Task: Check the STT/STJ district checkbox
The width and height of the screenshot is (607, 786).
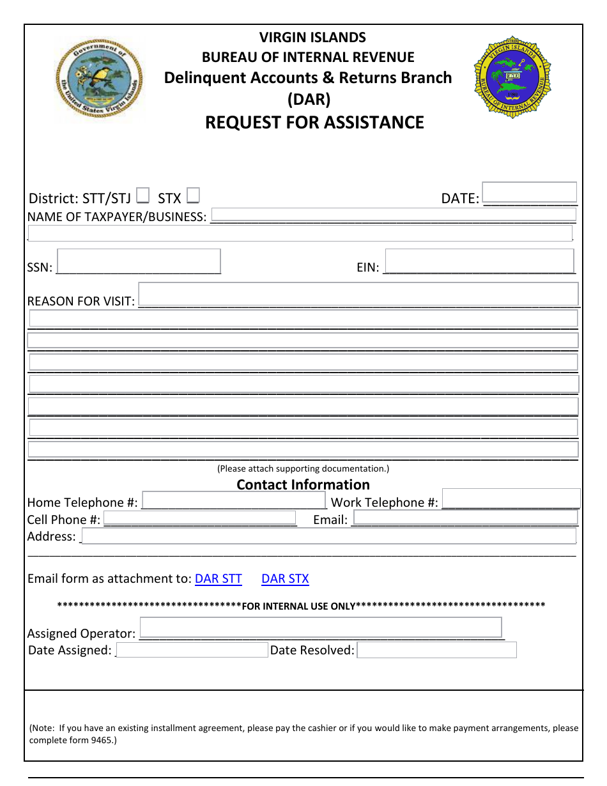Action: coord(144,195)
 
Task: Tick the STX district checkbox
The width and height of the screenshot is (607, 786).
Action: coord(193,195)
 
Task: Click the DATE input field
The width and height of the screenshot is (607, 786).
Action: coord(529,193)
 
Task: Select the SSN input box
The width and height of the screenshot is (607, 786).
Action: coord(139,261)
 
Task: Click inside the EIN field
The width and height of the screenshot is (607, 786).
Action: coord(479,261)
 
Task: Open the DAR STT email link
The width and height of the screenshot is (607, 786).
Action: coord(218,579)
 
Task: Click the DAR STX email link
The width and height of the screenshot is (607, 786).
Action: coord(285,579)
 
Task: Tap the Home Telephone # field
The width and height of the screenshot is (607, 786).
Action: coord(234,500)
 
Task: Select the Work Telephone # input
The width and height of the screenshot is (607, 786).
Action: coord(511,499)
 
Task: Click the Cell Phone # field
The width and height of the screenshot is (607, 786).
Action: coord(199,518)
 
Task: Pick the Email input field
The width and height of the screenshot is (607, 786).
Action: coord(465,518)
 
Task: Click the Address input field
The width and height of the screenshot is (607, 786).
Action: coord(328,536)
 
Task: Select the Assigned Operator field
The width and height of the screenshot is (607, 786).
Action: coord(320,628)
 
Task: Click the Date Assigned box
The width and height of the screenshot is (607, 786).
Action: coord(192,651)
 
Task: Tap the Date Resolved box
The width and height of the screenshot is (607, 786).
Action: coord(436,651)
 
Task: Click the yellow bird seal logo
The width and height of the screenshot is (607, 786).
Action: coord(99,79)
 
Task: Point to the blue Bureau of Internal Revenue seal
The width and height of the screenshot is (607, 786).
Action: coord(512,77)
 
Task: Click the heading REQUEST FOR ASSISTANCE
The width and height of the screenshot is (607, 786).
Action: coord(314,123)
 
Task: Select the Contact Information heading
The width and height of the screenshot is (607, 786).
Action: coord(303,485)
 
